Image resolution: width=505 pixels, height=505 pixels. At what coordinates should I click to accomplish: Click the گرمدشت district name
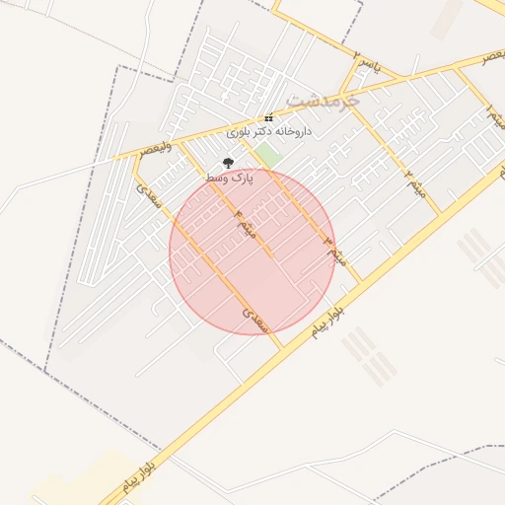tap(323, 100)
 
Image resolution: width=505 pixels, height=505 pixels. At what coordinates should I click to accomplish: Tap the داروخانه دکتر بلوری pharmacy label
tap(269, 131)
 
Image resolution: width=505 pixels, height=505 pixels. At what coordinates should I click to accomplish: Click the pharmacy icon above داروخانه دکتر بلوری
tap(269, 118)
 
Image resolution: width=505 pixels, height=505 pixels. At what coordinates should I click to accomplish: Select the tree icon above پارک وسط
tap(229, 163)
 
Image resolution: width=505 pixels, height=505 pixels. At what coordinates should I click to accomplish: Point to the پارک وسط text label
tap(230, 177)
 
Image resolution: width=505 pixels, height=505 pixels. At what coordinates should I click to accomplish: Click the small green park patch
tap(269, 156)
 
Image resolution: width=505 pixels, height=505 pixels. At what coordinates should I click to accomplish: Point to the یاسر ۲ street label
tap(366, 66)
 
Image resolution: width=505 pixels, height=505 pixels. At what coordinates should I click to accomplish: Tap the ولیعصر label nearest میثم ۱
tap(490, 59)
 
